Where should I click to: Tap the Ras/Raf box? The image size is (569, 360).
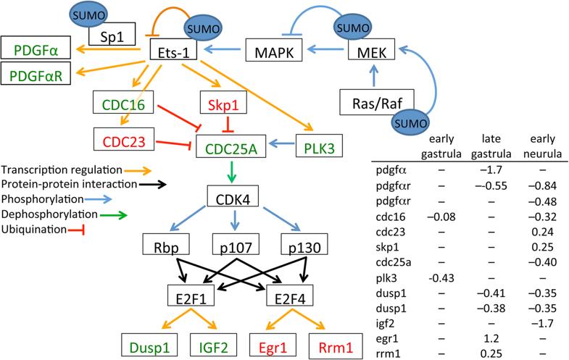370,102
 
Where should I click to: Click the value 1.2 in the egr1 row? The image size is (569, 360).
487,337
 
